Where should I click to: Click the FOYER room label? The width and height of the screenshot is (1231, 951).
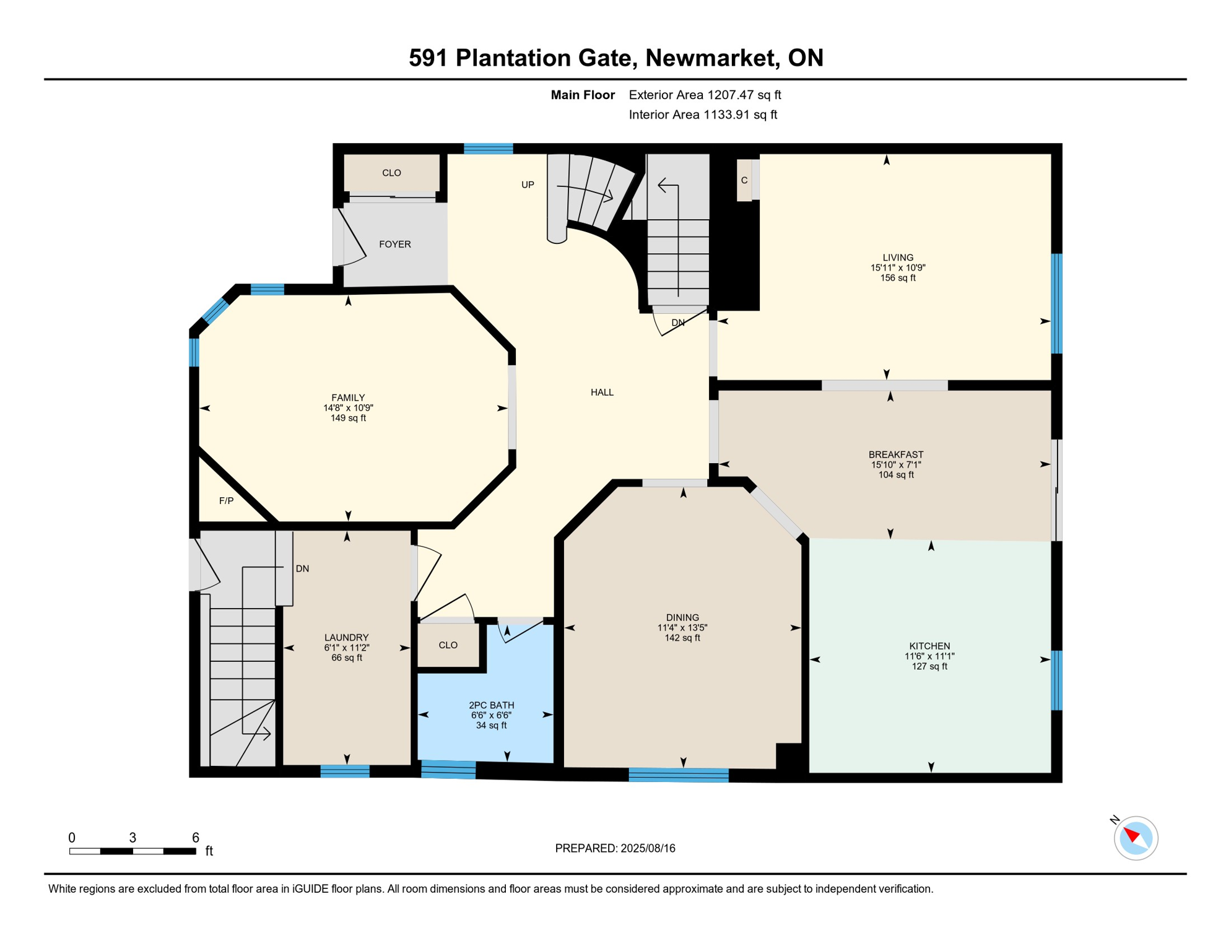pyautogui.click(x=394, y=244)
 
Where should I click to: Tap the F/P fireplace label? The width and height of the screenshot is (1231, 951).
pyautogui.click(x=226, y=500)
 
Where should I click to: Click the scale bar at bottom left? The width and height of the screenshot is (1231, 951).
pyautogui.click(x=133, y=851)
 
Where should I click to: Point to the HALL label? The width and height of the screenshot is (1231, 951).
pyautogui.click(x=601, y=392)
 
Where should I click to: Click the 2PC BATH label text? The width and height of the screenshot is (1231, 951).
pyautogui.click(x=491, y=705)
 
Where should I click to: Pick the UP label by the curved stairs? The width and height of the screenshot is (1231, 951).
pyautogui.click(x=527, y=185)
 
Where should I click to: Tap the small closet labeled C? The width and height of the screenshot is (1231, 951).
pyautogui.click(x=744, y=180)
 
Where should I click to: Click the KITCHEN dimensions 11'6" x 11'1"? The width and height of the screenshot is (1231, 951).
pyautogui.click(x=929, y=656)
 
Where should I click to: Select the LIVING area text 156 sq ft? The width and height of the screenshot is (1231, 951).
pyautogui.click(x=897, y=278)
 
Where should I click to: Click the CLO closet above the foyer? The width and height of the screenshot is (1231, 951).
pyautogui.click(x=391, y=173)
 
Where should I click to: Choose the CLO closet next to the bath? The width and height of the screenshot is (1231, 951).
pyautogui.click(x=448, y=645)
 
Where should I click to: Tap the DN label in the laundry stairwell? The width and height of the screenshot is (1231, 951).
pyautogui.click(x=302, y=568)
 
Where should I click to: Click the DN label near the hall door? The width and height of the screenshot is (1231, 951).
pyautogui.click(x=677, y=323)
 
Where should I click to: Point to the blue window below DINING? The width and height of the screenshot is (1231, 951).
pyautogui.click(x=678, y=775)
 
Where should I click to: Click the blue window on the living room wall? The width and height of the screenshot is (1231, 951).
pyautogui.click(x=1056, y=303)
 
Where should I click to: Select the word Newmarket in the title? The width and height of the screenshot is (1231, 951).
pyautogui.click(x=712, y=58)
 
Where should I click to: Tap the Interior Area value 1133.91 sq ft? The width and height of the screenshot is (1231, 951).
pyautogui.click(x=740, y=115)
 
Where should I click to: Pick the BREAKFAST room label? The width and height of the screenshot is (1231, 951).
pyautogui.click(x=895, y=454)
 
